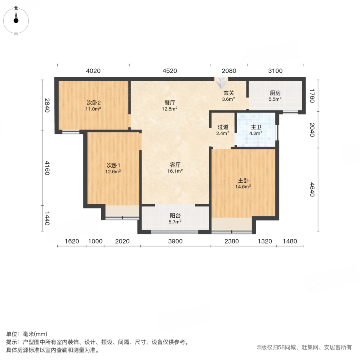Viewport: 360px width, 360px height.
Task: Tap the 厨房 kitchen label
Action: (275, 93)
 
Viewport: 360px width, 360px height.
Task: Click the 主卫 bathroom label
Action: (256, 127)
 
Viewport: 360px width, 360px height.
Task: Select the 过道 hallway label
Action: (223, 127)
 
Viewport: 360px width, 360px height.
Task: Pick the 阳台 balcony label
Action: (175, 215)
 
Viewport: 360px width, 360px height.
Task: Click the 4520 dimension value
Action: (170, 71)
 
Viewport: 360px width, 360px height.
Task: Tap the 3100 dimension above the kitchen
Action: (275, 71)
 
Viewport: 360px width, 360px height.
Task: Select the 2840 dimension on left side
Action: (47, 105)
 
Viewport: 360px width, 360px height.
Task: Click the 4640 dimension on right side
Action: (312, 190)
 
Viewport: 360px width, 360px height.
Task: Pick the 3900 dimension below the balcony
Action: (175, 241)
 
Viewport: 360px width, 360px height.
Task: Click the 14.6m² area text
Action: (243, 186)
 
